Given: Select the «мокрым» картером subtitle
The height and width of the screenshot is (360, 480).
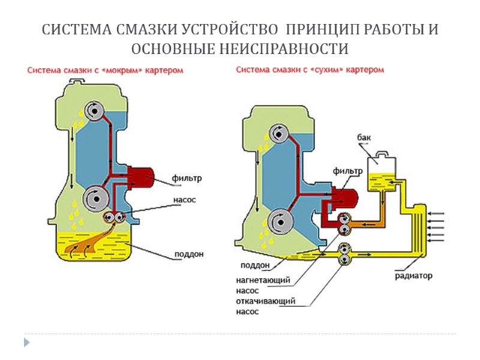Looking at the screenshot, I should tap(105, 71).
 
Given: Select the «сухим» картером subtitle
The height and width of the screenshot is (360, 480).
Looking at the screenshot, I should tap(310, 70).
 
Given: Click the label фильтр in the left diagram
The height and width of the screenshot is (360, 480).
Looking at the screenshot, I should tap(187, 178).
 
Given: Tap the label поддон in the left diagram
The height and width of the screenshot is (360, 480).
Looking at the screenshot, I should tap(188, 254).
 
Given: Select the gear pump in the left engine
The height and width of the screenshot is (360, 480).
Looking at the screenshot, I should tap(113, 218).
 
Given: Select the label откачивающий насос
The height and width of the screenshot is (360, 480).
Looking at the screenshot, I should tap(265, 306).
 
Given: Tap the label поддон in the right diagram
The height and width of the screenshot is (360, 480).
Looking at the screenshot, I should tap(254, 265).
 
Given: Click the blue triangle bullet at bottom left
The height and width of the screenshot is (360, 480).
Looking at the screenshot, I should tap(26, 342).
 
